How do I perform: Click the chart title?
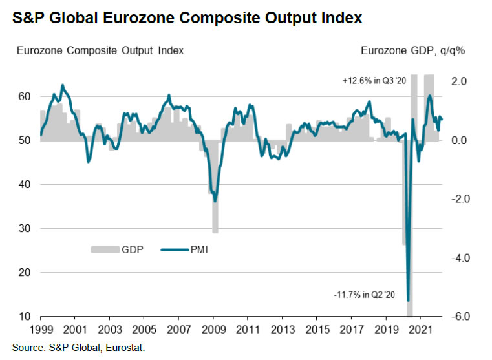pos(187,18)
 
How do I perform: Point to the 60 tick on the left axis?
pos(24,96)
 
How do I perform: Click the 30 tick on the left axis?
pos(24,229)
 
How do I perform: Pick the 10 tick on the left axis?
pos(24,317)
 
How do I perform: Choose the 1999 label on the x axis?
pos(41,330)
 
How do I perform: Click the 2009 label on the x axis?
pos(211,330)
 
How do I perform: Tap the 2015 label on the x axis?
pos(315,330)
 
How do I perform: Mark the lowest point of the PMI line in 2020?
pos(408,300)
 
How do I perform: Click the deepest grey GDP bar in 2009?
pos(215,213)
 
